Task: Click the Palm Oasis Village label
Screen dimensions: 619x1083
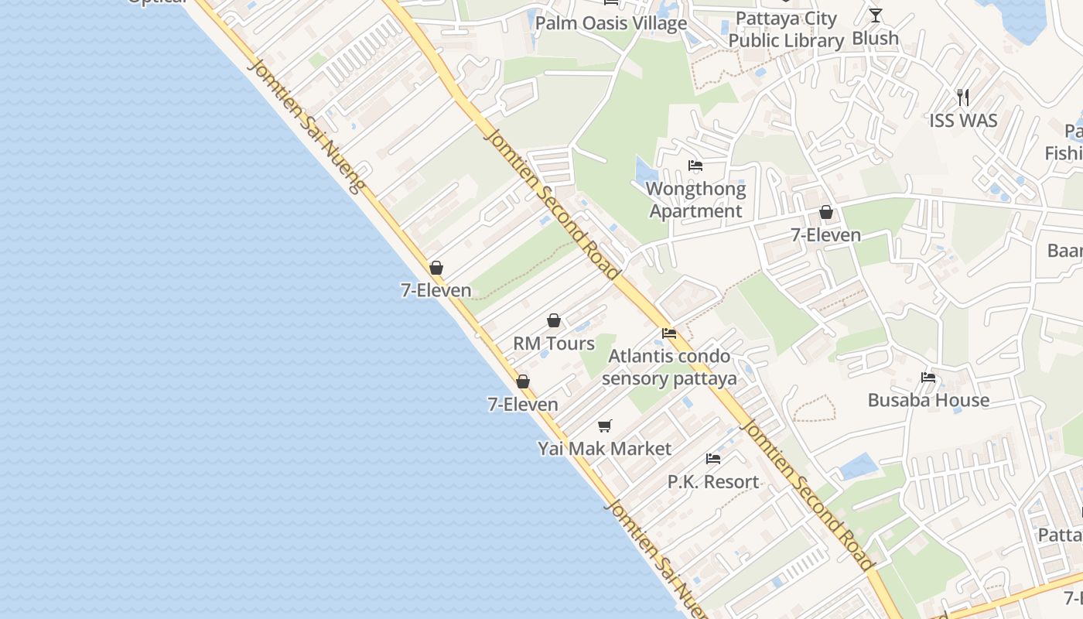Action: [610, 23]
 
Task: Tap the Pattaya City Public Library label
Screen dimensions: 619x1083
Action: [786, 29]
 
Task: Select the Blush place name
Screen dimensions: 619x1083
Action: [875, 38]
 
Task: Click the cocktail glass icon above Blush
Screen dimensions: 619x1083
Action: [875, 15]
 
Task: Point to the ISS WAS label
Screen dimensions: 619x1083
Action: [963, 121]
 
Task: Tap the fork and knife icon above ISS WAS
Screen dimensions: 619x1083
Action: [963, 97]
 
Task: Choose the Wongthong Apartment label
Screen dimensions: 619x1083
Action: [695, 200]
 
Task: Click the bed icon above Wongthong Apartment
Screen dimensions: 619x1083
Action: [695, 166]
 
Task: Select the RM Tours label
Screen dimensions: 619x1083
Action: [554, 343]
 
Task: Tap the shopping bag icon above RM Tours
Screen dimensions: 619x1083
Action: [554, 320]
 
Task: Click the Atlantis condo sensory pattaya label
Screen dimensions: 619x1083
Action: [669, 368]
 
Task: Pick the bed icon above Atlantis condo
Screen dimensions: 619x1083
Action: [669, 333]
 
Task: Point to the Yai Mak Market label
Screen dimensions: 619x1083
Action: [605, 448]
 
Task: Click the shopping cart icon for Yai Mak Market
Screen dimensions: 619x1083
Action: [605, 426]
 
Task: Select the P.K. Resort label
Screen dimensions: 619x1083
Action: [713, 481]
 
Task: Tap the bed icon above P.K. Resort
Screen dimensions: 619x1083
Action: [713, 459]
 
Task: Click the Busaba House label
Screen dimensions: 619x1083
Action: [928, 400]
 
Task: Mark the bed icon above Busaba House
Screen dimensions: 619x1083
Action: [928, 378]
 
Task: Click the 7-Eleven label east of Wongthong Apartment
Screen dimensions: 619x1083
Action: [826, 234]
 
